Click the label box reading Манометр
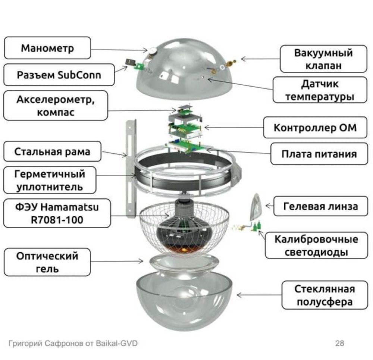(x=47, y=48)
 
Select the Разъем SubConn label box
(x=59, y=75)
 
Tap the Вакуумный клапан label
(x=323, y=59)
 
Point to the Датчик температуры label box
(x=319, y=91)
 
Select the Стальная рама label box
(x=52, y=151)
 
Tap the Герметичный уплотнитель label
(x=50, y=180)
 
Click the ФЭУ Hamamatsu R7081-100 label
(x=57, y=213)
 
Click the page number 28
(x=339, y=343)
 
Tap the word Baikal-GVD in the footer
(x=118, y=343)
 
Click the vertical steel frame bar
(x=130, y=168)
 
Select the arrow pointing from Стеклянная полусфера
(x=257, y=295)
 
